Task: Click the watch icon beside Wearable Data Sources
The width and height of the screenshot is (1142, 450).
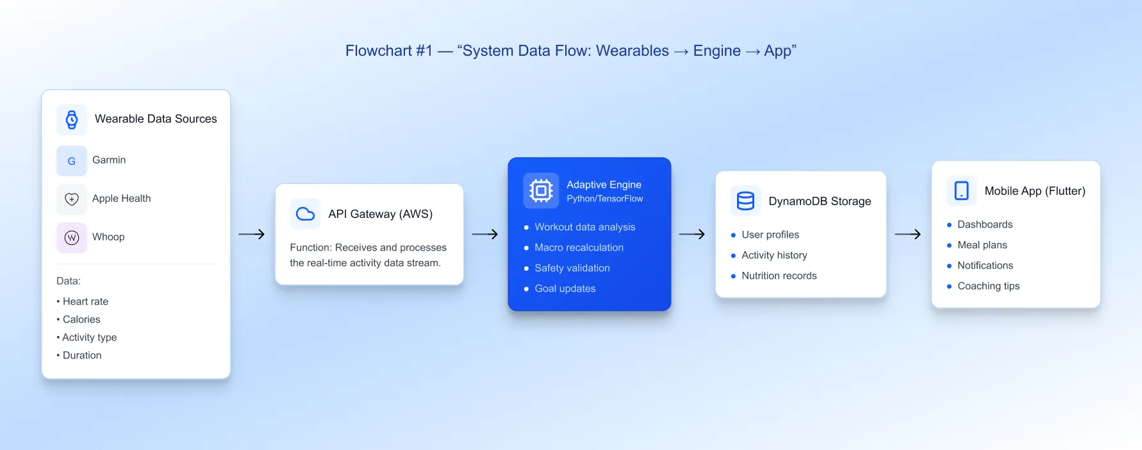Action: (72, 119)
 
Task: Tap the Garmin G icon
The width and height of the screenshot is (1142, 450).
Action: (72, 161)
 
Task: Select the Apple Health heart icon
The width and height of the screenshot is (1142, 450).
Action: (72, 199)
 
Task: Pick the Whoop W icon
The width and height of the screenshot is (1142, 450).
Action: (72, 238)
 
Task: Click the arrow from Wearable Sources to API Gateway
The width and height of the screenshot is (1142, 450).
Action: (252, 235)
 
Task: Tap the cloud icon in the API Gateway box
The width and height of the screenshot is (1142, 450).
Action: (305, 213)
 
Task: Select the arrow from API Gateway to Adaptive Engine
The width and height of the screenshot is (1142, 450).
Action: (485, 235)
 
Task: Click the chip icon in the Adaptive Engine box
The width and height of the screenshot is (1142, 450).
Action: (541, 190)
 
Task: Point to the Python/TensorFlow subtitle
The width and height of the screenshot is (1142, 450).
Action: (604, 199)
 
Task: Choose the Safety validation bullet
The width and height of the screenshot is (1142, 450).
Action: (572, 268)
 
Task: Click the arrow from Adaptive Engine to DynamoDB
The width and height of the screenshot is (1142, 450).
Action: (692, 235)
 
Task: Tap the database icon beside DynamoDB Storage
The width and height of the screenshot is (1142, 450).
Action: (745, 201)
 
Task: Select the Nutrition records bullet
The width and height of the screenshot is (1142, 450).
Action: (779, 276)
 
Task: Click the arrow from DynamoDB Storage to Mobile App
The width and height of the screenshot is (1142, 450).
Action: (908, 235)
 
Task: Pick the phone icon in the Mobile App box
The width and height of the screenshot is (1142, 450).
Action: (961, 190)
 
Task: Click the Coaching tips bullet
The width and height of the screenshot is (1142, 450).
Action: (988, 286)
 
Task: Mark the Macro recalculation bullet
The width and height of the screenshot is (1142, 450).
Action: (579, 247)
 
